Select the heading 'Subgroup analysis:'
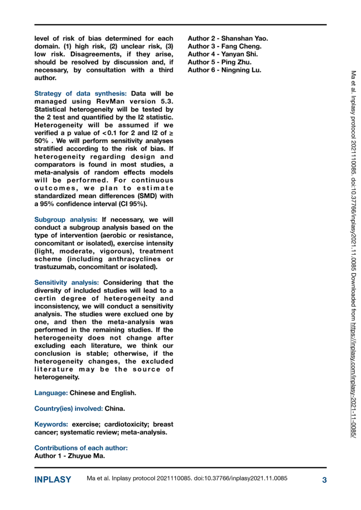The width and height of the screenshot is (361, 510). [66, 219]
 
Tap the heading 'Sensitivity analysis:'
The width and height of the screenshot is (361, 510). [67, 283]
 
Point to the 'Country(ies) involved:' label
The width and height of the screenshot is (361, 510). [69, 409]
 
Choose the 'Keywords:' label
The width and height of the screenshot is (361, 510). [51, 425]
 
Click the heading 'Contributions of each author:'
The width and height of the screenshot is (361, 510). [81, 448]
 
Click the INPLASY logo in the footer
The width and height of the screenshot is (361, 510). [53, 479]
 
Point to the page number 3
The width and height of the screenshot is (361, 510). [324, 479]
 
